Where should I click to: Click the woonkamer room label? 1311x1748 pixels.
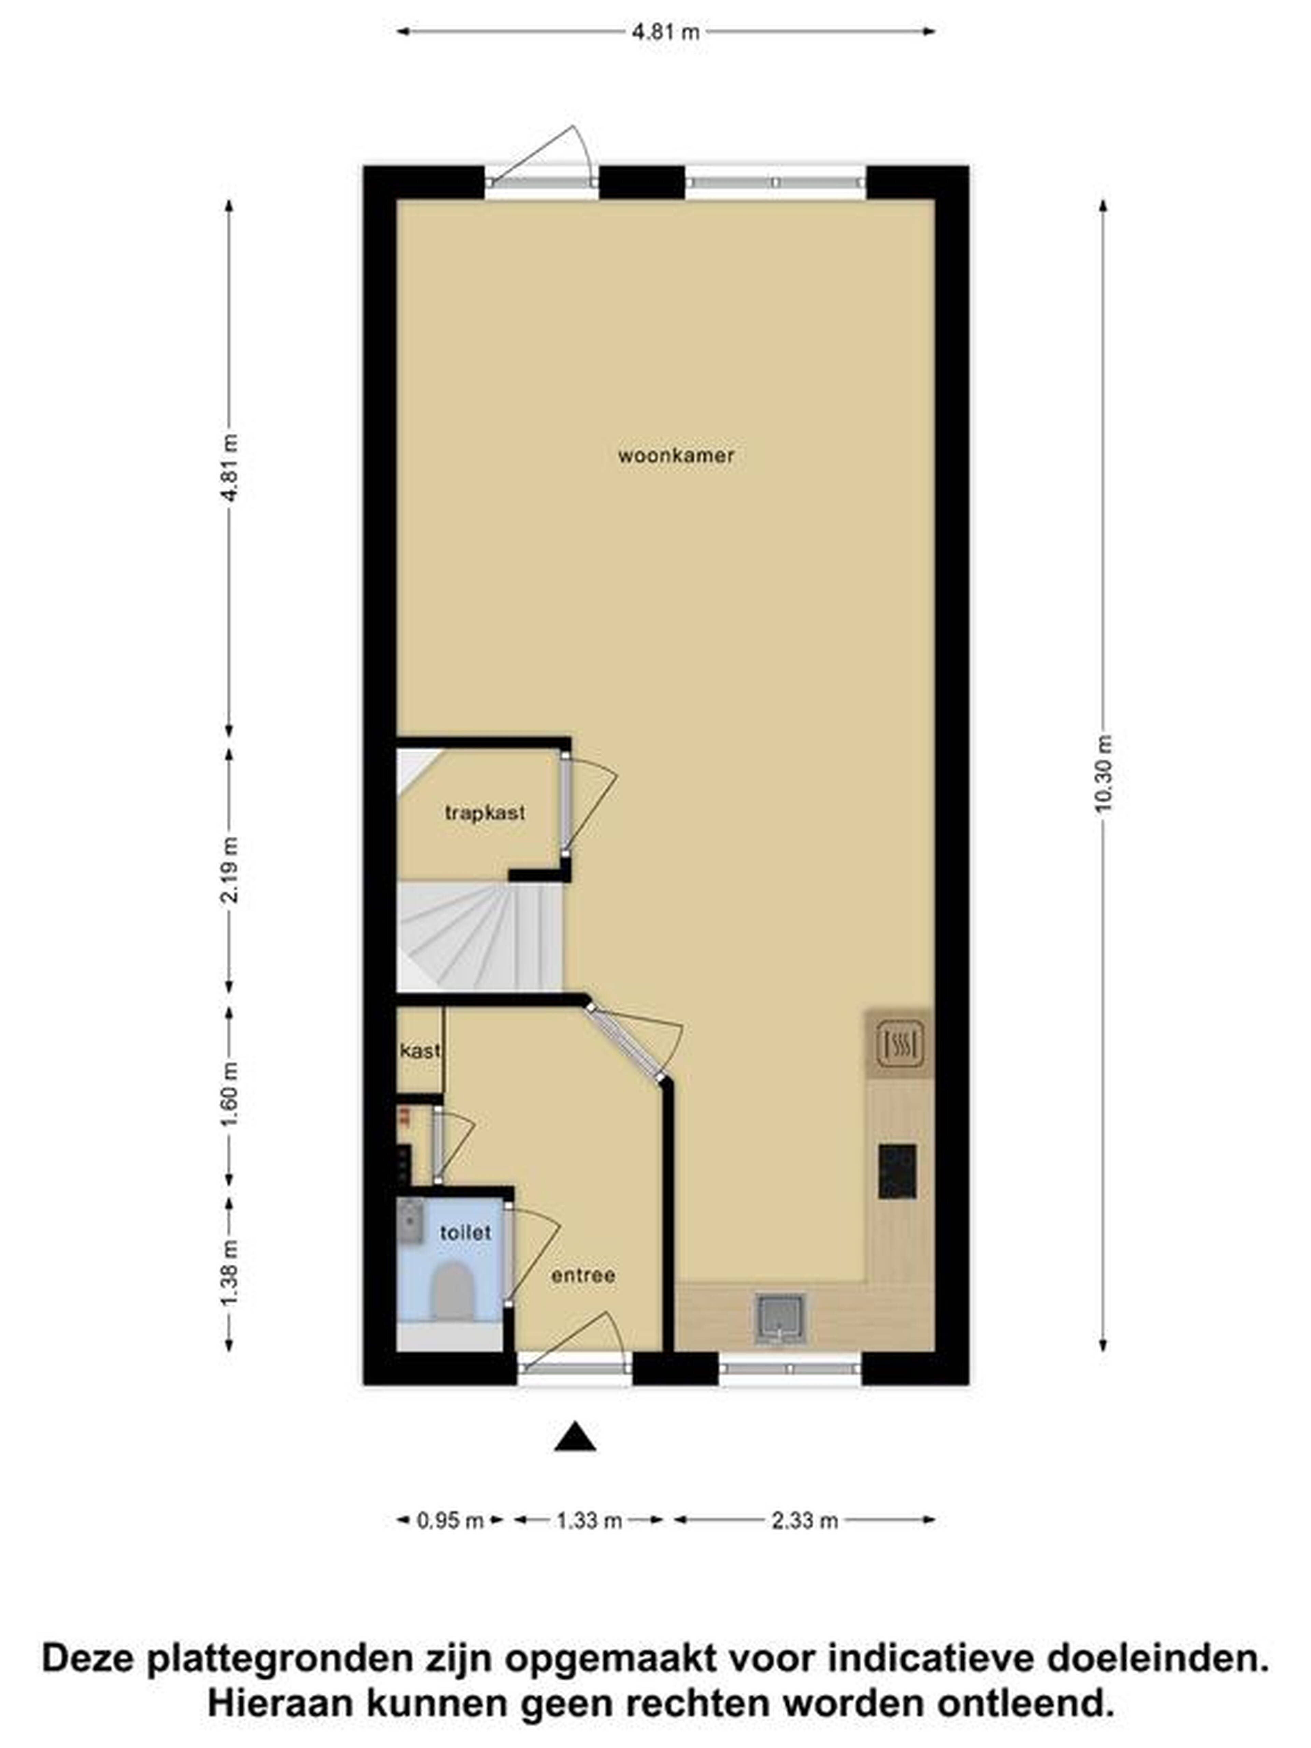click(x=676, y=456)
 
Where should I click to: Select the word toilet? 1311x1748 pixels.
click(x=465, y=1232)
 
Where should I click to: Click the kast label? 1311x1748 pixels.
click(x=420, y=1051)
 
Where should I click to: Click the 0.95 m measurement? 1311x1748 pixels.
click(x=450, y=1520)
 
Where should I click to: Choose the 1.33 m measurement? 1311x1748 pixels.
click(x=589, y=1520)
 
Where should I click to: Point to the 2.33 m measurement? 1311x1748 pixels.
click(x=804, y=1520)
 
